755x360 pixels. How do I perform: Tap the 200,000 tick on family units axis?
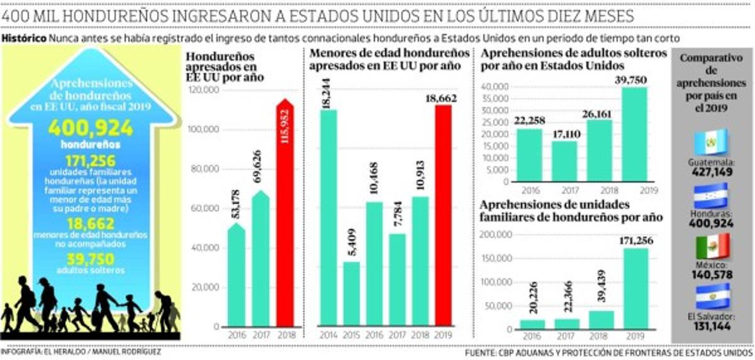coord(495,234)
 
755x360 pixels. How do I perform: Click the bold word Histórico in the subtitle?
coord(24,38)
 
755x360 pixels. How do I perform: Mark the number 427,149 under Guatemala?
coord(710,171)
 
